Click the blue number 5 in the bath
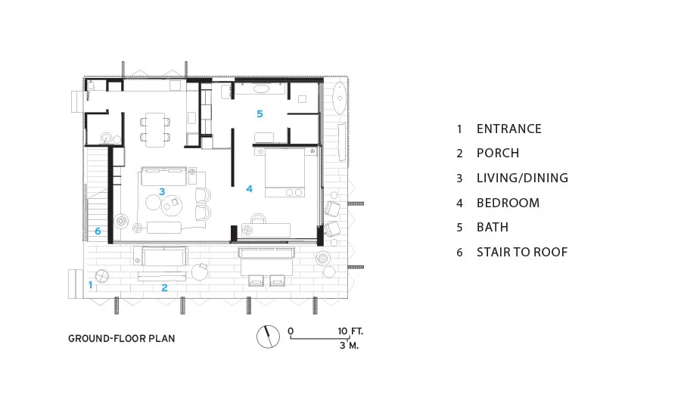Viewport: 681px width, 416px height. tap(260, 113)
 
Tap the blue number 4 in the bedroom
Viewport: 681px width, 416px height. tap(249, 188)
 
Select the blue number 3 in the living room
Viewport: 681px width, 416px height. tap(162, 191)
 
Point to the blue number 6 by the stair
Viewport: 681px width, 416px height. tap(98, 231)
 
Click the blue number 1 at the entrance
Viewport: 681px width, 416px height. tap(90, 285)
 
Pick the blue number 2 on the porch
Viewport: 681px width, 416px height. tap(165, 287)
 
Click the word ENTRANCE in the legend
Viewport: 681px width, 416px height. tap(509, 129)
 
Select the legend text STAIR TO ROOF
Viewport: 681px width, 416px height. tap(522, 253)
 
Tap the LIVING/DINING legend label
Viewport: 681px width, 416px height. tap(522, 178)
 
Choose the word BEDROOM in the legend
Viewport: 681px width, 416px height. tap(508, 203)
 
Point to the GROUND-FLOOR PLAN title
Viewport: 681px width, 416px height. tap(122, 339)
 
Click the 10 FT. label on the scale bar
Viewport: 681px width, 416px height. tap(350, 331)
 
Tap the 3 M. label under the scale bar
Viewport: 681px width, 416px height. tap(349, 346)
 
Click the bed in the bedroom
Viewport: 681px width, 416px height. tap(285, 172)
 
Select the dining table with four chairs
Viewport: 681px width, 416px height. tap(155, 130)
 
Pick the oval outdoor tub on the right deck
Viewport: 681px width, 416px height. tap(339, 98)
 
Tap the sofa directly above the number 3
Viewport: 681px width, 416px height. tap(163, 176)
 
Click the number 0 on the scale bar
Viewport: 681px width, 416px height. tap(291, 331)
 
